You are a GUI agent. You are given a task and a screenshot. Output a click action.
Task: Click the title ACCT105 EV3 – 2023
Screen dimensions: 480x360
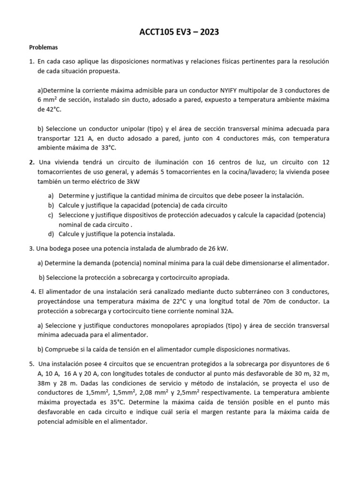[x=180, y=32]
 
